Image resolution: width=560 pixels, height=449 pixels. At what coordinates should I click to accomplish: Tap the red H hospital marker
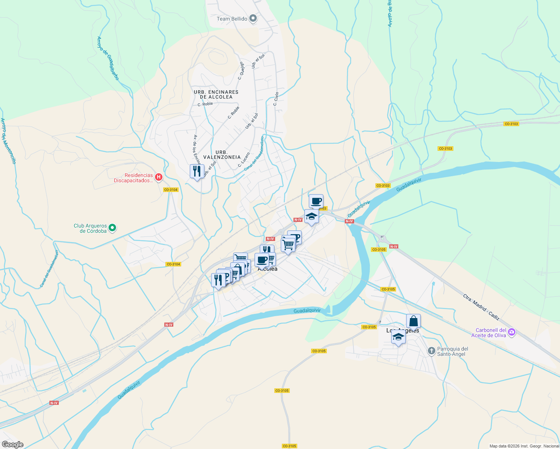click(x=158, y=177)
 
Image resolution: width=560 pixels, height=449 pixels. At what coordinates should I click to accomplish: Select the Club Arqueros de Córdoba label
click(x=90, y=228)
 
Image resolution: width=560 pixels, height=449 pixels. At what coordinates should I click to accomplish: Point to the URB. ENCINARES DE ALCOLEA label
click(x=216, y=94)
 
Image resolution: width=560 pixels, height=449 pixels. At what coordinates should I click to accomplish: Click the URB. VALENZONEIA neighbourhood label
click(x=222, y=155)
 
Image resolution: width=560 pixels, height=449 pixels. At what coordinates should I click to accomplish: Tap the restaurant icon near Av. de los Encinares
click(x=197, y=171)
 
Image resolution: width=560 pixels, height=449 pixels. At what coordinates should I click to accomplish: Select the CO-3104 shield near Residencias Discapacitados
click(x=171, y=190)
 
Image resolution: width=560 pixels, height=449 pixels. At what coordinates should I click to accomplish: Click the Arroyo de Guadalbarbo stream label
click(x=108, y=58)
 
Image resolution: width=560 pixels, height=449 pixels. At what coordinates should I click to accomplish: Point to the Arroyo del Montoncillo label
click(x=8, y=141)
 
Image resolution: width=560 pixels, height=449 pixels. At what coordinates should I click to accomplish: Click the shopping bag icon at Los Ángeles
click(x=413, y=321)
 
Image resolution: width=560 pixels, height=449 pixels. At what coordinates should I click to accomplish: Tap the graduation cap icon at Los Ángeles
click(x=398, y=337)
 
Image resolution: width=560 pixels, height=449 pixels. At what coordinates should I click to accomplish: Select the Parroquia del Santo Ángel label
click(x=453, y=351)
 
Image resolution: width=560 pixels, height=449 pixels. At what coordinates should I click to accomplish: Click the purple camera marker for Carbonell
click(x=512, y=332)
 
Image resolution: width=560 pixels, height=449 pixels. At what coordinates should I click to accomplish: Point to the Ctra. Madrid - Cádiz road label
click(x=481, y=307)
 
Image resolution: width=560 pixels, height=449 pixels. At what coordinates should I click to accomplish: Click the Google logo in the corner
click(x=13, y=445)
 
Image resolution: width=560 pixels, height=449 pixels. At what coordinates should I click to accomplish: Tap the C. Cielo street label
click(x=276, y=99)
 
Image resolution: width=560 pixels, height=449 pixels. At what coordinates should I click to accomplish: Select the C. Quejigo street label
click(x=241, y=71)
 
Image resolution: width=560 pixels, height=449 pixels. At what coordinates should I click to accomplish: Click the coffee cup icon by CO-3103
click(x=316, y=201)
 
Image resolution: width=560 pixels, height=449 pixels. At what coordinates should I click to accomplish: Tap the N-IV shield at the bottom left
click(x=54, y=403)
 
